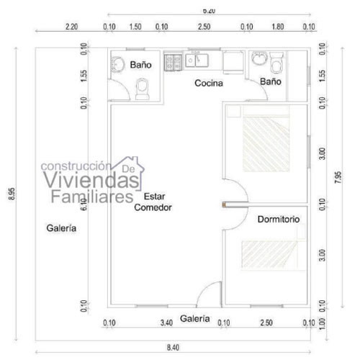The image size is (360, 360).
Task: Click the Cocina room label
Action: click(x=209, y=83)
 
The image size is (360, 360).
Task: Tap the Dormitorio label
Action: click(x=278, y=218)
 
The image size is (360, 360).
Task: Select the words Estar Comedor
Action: click(x=153, y=202)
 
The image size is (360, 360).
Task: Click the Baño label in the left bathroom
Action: click(x=141, y=65)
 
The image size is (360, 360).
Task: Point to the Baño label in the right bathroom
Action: click(x=270, y=82)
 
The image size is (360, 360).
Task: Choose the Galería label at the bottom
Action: click(x=195, y=318)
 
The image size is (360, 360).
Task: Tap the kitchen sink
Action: click(x=197, y=60)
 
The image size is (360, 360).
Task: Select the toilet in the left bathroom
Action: click(x=143, y=88)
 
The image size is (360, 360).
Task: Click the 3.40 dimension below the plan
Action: click(x=166, y=323)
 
